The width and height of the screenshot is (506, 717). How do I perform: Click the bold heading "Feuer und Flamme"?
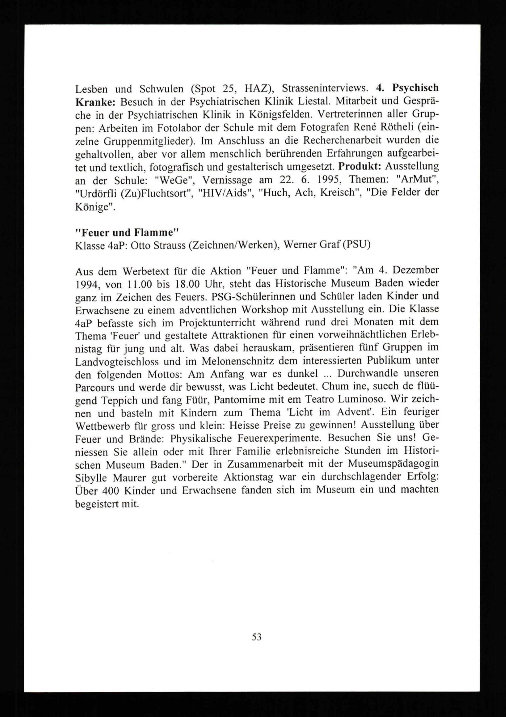click(127, 233)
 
